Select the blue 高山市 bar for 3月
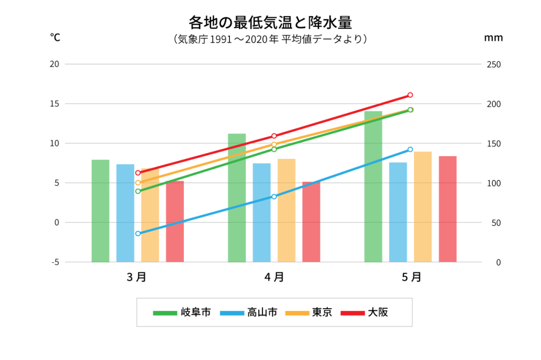[x=125, y=213]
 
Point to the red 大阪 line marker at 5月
[x=410, y=95]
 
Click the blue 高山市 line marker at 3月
[x=138, y=234]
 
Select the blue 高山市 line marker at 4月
[x=274, y=197]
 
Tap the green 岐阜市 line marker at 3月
[x=138, y=191]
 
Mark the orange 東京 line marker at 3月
[x=138, y=183]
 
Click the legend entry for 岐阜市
[x=181, y=312]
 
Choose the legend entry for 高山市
[x=249, y=312]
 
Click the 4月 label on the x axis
[x=274, y=277]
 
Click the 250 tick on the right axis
[x=494, y=64]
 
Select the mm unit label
[x=493, y=38]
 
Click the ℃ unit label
[x=55, y=37]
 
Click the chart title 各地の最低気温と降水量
[x=270, y=22]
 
